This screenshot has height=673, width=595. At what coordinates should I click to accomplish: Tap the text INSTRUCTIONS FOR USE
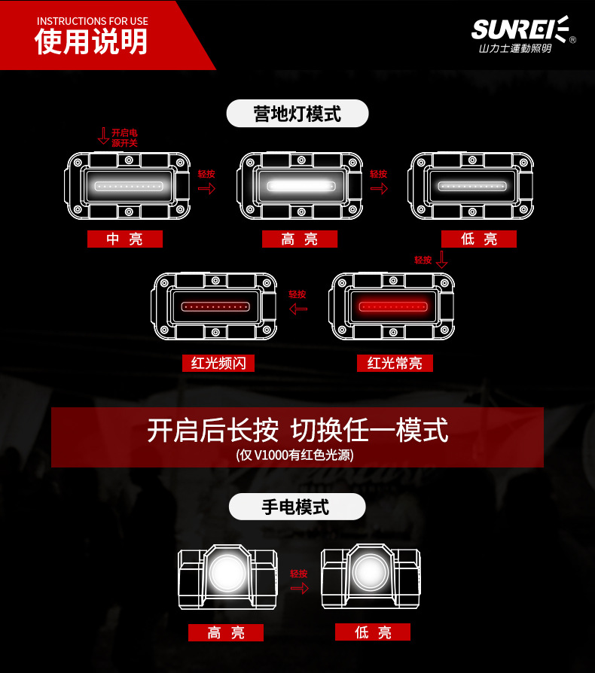click(92, 21)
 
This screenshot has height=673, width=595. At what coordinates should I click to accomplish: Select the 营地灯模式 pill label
click(297, 114)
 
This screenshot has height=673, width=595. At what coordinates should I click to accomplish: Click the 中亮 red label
click(124, 239)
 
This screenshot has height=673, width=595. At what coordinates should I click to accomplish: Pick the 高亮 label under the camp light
click(299, 239)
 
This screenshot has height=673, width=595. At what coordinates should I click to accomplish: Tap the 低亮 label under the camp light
click(479, 239)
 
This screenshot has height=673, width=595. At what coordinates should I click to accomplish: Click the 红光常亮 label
click(395, 364)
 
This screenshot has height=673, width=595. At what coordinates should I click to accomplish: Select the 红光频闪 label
click(218, 364)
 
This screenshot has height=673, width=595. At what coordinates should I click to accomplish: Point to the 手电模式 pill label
click(297, 507)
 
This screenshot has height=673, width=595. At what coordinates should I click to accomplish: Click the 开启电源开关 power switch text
click(124, 137)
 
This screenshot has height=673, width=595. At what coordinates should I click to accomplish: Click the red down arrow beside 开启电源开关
click(103, 136)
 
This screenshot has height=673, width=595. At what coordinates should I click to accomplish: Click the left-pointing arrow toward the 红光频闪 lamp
click(298, 309)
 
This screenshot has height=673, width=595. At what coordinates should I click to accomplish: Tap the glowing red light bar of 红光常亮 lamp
click(392, 306)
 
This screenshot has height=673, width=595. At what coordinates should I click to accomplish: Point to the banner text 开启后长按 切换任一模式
click(297, 431)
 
